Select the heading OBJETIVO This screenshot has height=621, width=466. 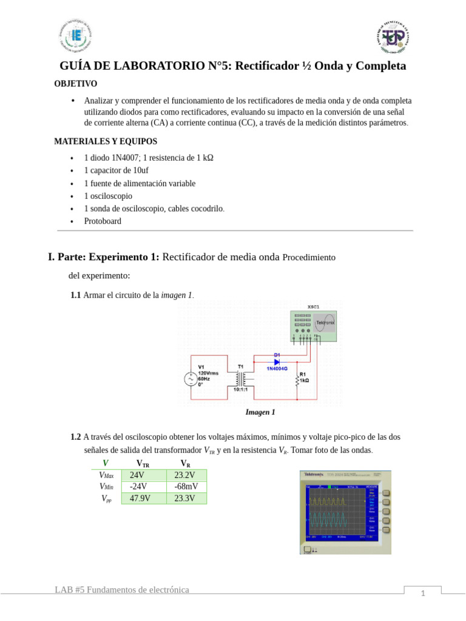coord(75,84)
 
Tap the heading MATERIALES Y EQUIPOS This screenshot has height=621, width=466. coord(106,141)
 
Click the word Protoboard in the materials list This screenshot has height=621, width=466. coord(103,221)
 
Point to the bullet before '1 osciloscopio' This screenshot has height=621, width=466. coord(72,196)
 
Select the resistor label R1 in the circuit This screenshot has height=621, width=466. coord(303,374)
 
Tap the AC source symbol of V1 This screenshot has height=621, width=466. coord(190,379)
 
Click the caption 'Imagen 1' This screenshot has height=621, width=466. coord(260,412)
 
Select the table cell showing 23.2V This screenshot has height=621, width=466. coord(185,475)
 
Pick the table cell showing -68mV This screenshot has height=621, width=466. coord(185,487)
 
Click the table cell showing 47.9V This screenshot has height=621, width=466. coord(140,498)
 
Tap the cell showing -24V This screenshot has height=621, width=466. coord(140,487)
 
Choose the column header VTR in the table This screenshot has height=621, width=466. coord(143,464)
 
